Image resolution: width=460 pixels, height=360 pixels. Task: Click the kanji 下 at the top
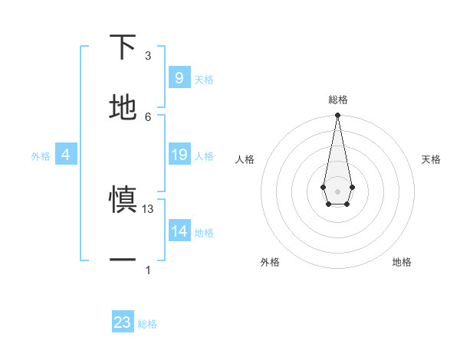tap(123, 47)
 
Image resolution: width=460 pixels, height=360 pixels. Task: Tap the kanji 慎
tap(123, 201)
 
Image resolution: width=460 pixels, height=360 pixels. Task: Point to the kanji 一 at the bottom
tap(123, 260)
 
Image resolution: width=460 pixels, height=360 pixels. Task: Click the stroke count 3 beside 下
tap(148, 56)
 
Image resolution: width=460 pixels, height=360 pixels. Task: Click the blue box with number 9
tap(179, 77)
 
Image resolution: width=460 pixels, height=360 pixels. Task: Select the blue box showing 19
tap(179, 155)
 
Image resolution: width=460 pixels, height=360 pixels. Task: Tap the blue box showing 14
tap(179, 231)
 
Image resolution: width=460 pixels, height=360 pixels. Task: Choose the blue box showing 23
tap(123, 322)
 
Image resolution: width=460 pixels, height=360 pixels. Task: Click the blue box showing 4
tap(66, 155)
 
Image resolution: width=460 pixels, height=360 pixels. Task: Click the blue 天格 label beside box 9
tap(204, 79)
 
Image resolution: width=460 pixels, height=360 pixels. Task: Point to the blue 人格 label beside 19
tap(204, 156)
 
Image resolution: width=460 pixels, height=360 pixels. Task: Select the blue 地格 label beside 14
tap(204, 233)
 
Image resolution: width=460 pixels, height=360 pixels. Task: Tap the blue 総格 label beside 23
tap(147, 324)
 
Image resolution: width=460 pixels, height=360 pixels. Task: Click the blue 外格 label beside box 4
tap(41, 156)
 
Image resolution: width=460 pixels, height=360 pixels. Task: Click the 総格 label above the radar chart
tap(337, 100)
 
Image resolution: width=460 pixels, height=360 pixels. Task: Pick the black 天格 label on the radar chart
tap(432, 159)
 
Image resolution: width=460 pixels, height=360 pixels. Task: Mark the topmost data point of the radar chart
tap(337, 116)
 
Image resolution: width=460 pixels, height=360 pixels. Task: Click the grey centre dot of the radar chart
tap(337, 190)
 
